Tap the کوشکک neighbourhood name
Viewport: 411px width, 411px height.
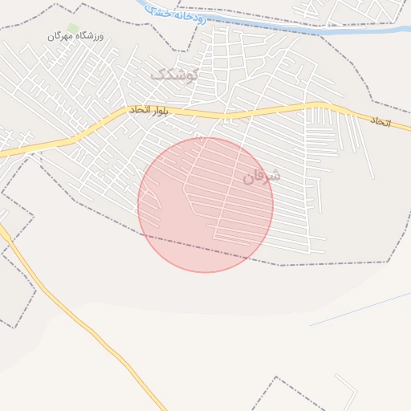[x=173, y=75]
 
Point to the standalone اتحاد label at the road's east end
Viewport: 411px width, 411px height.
[x=380, y=121]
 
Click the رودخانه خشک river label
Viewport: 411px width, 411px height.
[x=177, y=14]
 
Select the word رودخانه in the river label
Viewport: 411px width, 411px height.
[x=189, y=16]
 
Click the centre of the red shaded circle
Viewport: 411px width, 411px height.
[x=205, y=205]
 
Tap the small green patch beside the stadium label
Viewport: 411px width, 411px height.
[x=73, y=28]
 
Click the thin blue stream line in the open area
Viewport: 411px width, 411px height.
[x=361, y=308]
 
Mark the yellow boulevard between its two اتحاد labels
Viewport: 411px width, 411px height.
[x=265, y=111]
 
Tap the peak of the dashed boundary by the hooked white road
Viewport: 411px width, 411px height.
[x=276, y=377]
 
